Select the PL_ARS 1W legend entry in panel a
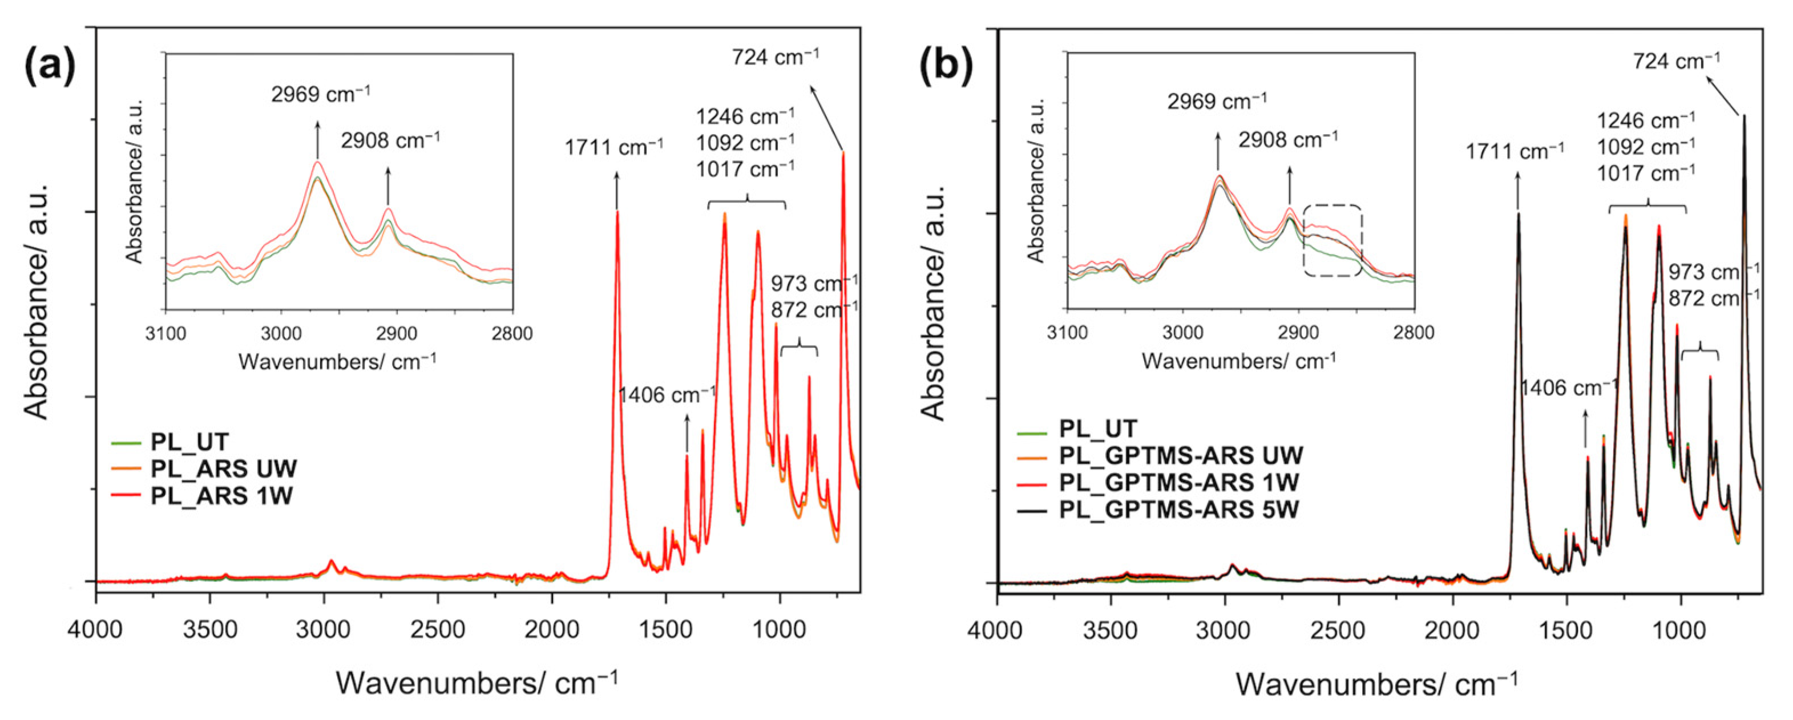[221, 496]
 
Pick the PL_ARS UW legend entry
[224, 469]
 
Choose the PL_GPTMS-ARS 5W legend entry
[1179, 509]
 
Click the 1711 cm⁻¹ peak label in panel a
[614, 147]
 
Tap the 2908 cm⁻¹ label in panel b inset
[1287, 140]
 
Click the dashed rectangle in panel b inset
[1332, 241]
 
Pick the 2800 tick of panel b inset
[1414, 333]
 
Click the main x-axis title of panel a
[477, 682]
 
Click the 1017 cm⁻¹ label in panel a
[745, 168]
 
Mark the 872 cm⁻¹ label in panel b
[1714, 298]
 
